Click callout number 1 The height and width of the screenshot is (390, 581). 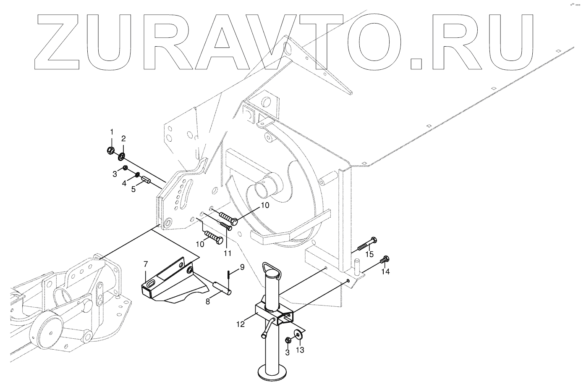[x=112, y=132]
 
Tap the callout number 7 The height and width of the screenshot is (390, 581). [x=146, y=264]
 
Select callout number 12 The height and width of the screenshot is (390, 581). [x=240, y=324]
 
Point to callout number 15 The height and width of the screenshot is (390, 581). [x=369, y=255]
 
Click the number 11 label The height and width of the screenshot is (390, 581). [x=227, y=253]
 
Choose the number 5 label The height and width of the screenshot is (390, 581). [x=133, y=189]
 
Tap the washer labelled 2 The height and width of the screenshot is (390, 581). [x=121, y=156]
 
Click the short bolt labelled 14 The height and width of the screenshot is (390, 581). [x=384, y=261]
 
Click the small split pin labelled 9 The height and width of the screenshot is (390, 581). [x=228, y=275]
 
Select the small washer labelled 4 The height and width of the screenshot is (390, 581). [x=138, y=174]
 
